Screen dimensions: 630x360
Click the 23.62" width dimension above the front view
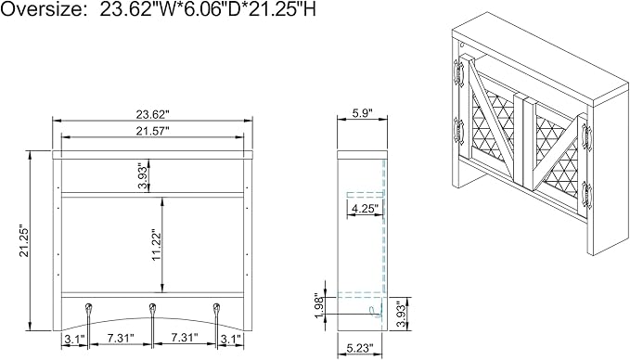152,115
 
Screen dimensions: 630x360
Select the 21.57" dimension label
152,132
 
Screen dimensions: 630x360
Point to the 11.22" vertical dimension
156,245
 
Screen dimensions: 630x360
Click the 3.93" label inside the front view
143,175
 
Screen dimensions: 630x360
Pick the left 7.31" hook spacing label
120,339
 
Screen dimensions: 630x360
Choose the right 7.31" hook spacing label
185,338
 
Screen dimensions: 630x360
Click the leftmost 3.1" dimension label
73,339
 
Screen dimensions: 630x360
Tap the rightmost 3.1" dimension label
232,339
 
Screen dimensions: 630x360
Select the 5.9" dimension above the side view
363,113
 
